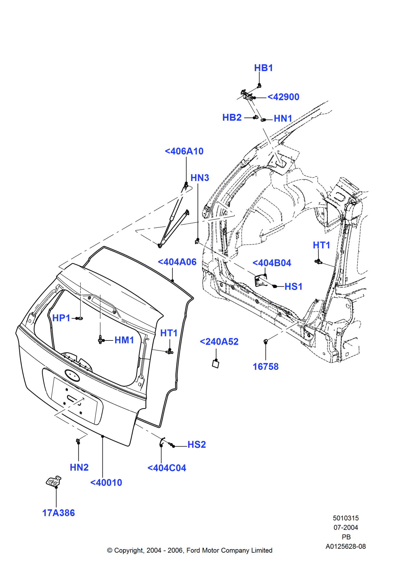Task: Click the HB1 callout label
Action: [263, 68]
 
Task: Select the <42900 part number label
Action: [283, 97]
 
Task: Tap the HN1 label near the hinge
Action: [283, 118]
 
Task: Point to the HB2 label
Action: [232, 117]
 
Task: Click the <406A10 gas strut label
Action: [184, 151]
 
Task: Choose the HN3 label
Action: [199, 178]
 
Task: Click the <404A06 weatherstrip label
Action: [177, 262]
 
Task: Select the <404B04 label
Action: [272, 263]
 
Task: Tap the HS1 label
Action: [293, 287]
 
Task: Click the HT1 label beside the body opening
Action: [321, 245]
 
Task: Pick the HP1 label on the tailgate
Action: [61, 318]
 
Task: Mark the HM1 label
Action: [124, 340]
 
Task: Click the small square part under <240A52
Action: [216, 364]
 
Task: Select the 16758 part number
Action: [266, 367]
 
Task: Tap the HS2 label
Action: [197, 445]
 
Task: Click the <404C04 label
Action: [167, 468]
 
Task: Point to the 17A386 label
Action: [59, 513]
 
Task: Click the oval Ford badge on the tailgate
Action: [72, 375]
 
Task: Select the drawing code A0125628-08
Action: [346, 546]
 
